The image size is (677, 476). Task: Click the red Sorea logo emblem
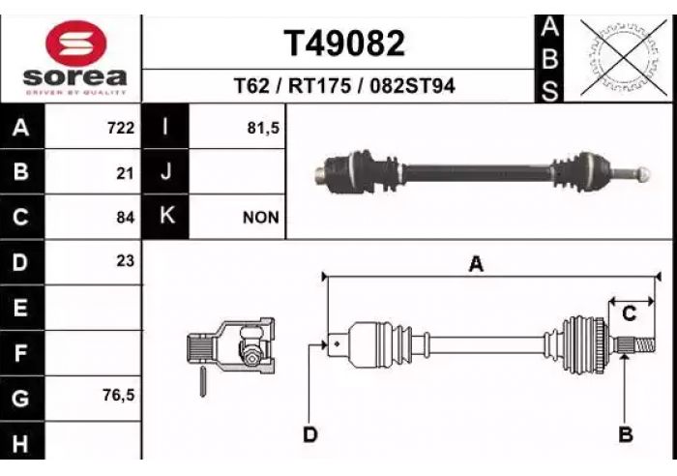76,44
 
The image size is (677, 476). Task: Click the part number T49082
344,44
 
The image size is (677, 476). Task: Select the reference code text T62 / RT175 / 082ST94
344,85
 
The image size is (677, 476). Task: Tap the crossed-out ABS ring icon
625,58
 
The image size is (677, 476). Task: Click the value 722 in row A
121,129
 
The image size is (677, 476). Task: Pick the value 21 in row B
125,173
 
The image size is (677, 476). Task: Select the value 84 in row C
125,218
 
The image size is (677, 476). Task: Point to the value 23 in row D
125,261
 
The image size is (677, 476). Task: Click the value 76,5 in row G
119,395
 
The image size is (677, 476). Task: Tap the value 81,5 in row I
263,129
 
